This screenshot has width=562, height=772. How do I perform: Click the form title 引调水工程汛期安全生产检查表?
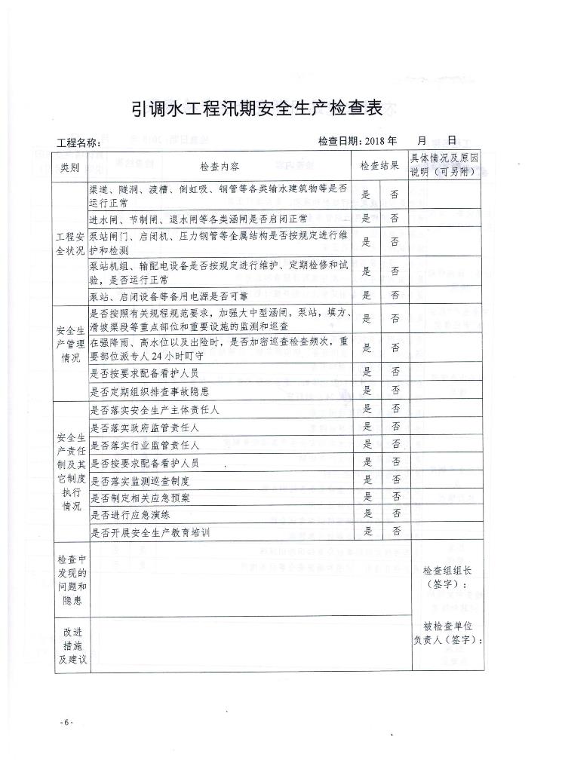click(258, 109)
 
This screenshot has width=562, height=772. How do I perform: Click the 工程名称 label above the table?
click(78, 142)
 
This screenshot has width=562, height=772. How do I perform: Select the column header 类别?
click(69, 167)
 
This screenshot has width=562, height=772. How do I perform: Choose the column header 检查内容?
click(220, 167)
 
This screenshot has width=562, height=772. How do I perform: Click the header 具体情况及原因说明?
click(444, 166)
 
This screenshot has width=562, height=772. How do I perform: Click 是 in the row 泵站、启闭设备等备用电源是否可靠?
click(367, 295)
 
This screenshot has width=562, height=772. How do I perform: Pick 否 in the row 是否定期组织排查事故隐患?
click(395, 391)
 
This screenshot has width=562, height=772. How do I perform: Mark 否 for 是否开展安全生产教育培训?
click(395, 532)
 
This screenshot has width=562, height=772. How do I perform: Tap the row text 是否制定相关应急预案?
click(140, 497)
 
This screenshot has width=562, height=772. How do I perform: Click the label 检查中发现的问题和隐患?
click(72, 581)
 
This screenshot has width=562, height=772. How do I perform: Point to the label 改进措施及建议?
click(72, 645)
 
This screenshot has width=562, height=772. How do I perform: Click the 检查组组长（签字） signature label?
click(447, 577)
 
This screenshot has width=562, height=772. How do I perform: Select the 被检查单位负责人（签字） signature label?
click(447, 633)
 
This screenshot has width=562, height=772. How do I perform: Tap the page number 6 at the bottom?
click(66, 723)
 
